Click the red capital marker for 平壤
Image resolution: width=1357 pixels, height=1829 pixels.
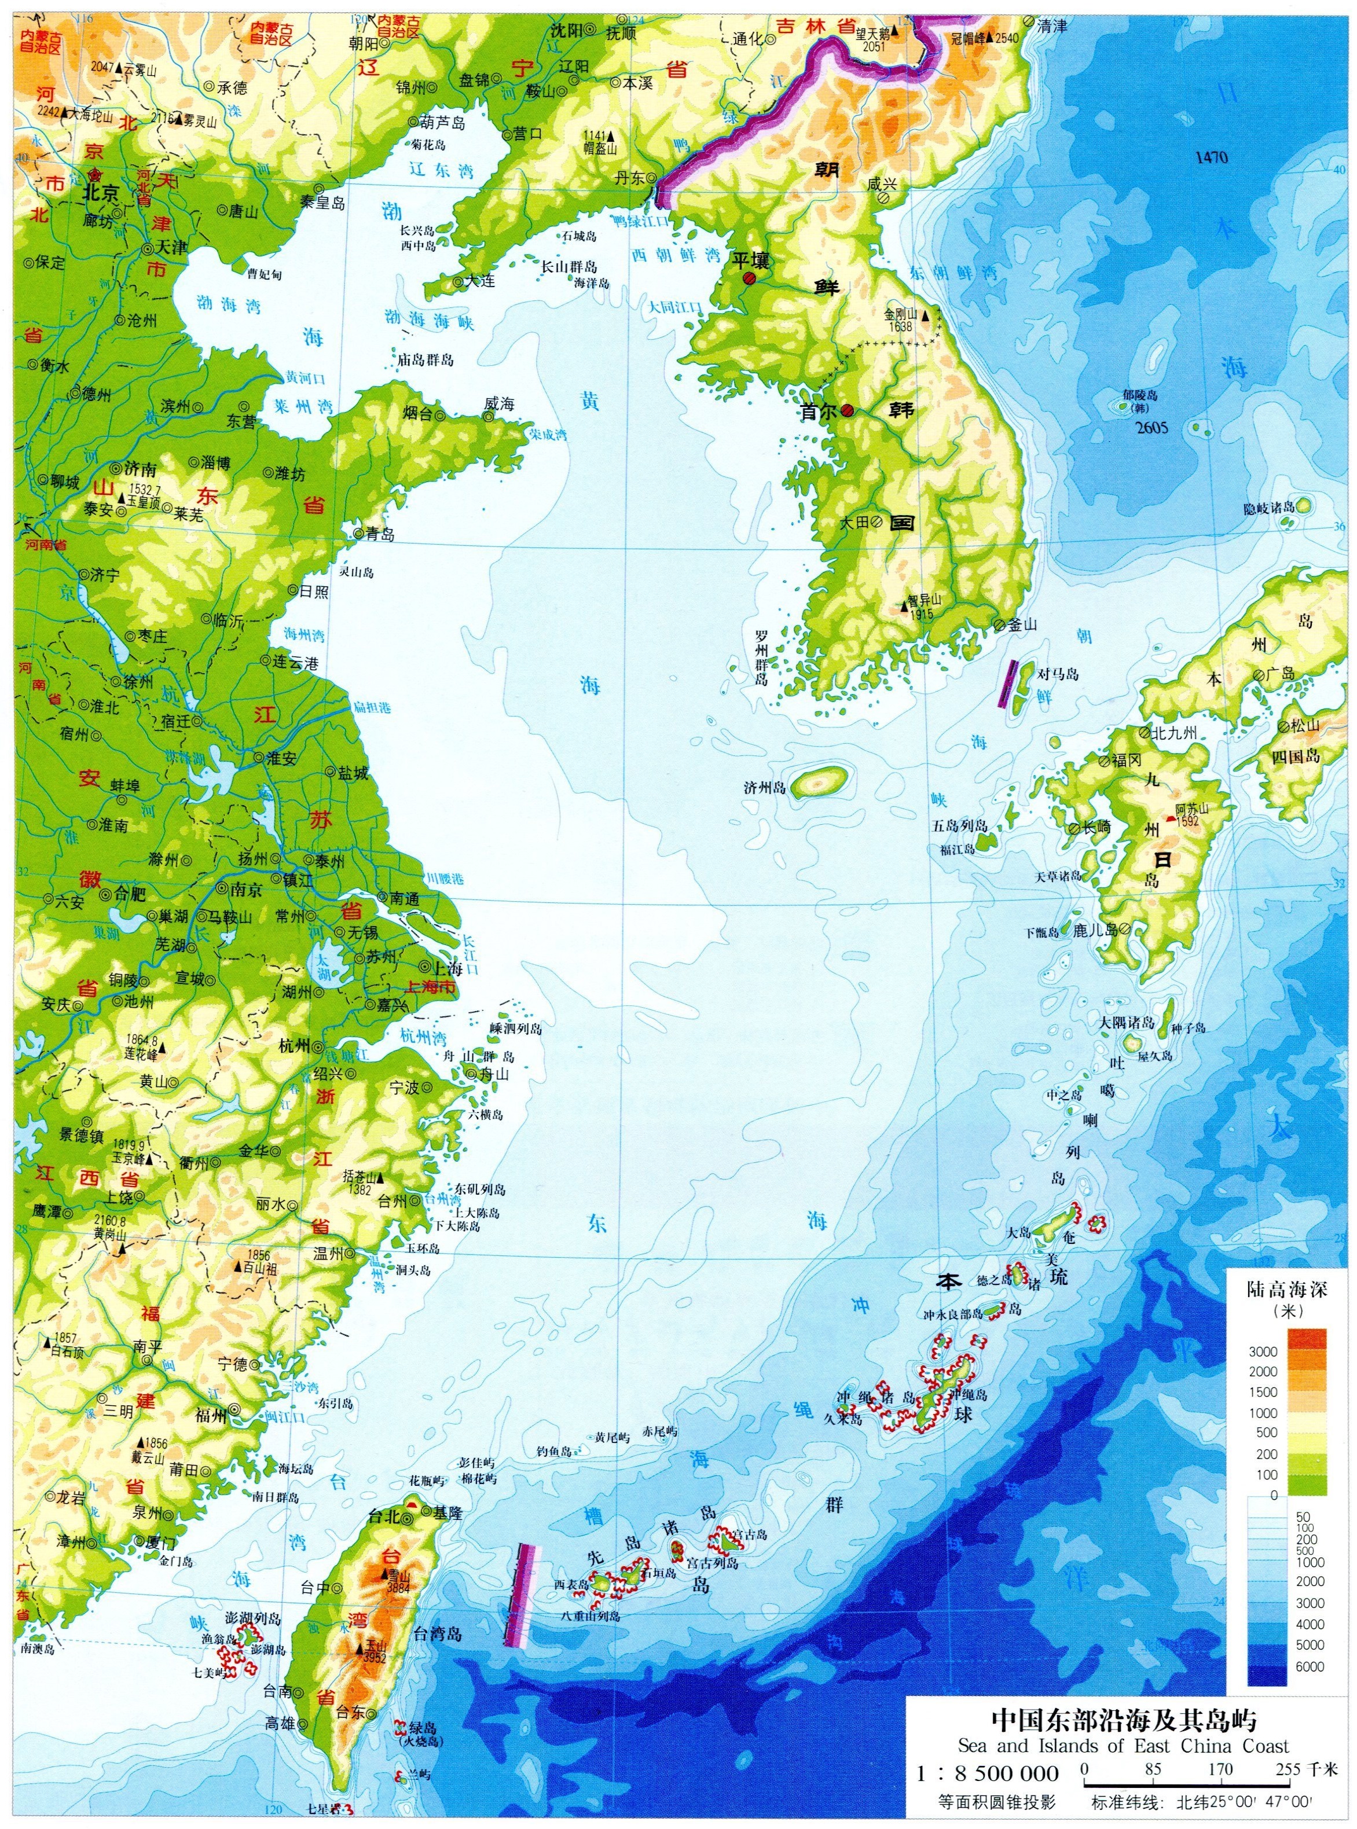tap(749, 279)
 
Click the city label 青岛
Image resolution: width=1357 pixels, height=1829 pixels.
tap(380, 535)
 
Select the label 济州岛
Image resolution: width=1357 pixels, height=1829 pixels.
tap(764, 788)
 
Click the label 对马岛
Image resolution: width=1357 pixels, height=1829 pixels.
tap(1057, 674)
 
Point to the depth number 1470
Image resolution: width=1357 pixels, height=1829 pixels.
tap(1212, 157)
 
